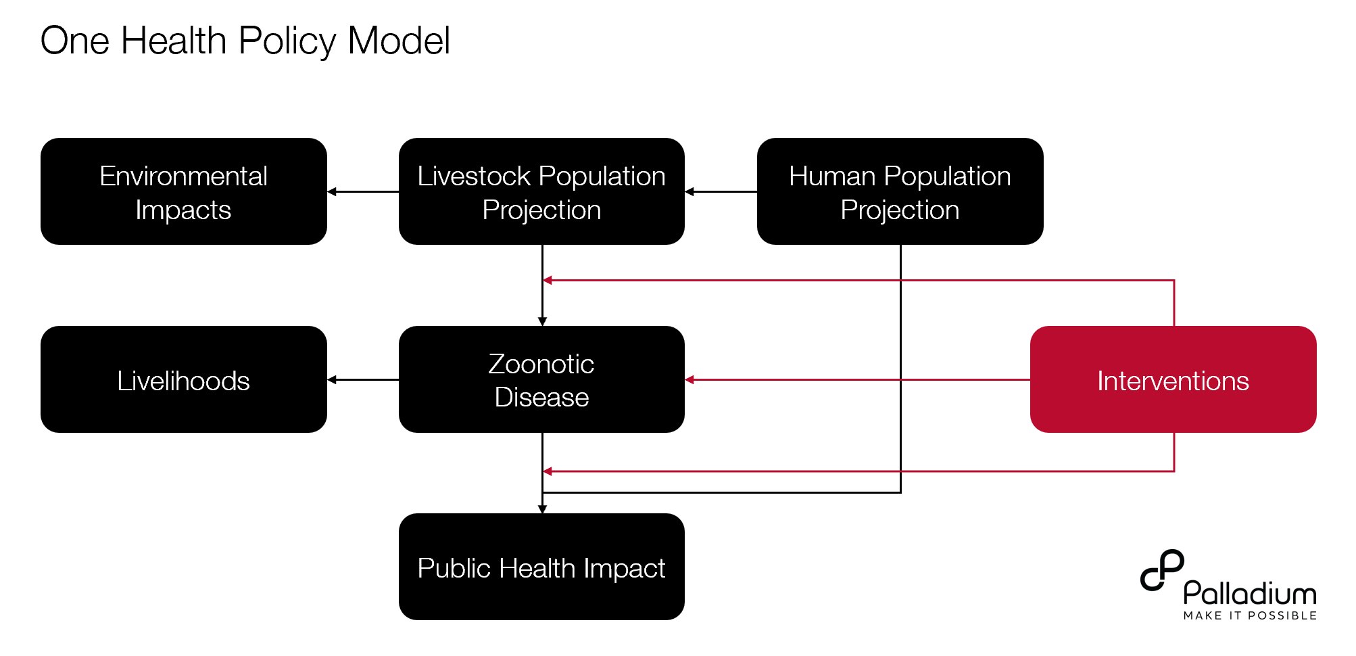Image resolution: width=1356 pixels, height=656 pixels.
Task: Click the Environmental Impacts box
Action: point(184,191)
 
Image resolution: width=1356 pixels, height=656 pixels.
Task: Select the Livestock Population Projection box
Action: point(541,191)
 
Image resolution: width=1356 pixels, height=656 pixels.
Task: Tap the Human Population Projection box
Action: point(900,191)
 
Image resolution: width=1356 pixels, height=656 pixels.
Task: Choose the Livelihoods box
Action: point(184,379)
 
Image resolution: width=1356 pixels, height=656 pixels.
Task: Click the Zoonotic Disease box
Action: point(541,379)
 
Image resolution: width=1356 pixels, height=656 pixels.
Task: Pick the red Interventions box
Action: point(1173,379)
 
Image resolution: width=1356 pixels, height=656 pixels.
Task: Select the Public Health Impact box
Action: point(541,567)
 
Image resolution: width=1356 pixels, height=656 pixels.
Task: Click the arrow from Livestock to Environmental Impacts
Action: point(363,192)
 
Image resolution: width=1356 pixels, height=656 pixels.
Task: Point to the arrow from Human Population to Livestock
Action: point(721,192)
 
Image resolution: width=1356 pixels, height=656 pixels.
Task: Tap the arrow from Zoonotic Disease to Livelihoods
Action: point(363,380)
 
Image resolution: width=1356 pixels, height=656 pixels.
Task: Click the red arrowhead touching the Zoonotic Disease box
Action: point(689,380)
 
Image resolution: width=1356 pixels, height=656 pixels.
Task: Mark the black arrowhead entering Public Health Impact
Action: point(542,509)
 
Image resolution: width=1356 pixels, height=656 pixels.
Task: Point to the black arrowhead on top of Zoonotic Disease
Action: point(542,322)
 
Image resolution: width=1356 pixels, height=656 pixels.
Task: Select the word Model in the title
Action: point(399,41)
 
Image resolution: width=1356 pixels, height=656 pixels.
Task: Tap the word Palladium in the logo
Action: point(1250,593)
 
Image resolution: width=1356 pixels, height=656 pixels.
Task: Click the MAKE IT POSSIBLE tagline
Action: point(1250,615)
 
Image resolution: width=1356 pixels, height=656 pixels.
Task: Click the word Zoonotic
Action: point(541,364)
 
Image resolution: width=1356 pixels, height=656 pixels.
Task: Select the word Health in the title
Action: point(174,41)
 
